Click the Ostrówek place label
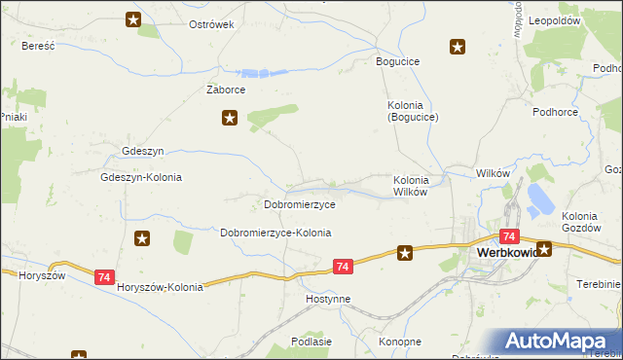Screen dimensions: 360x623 pyautogui.click(x=212, y=24)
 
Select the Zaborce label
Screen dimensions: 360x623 pyautogui.click(x=225, y=90)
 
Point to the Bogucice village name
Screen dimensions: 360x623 pyautogui.click(x=398, y=61)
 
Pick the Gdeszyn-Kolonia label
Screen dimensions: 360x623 pyautogui.click(x=141, y=178)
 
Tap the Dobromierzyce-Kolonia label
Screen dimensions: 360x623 pyautogui.click(x=275, y=234)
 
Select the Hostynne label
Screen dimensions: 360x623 pyautogui.click(x=327, y=299)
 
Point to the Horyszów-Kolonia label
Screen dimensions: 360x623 pyautogui.click(x=160, y=287)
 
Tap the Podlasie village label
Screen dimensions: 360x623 pyautogui.click(x=311, y=342)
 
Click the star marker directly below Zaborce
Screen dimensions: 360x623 pyautogui.click(x=230, y=119)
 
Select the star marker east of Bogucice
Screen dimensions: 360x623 pyautogui.click(x=457, y=46)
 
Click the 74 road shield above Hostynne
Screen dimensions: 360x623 pyautogui.click(x=342, y=266)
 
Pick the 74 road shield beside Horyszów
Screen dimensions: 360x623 pyautogui.click(x=105, y=277)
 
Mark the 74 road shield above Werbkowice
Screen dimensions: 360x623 pyautogui.click(x=508, y=236)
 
